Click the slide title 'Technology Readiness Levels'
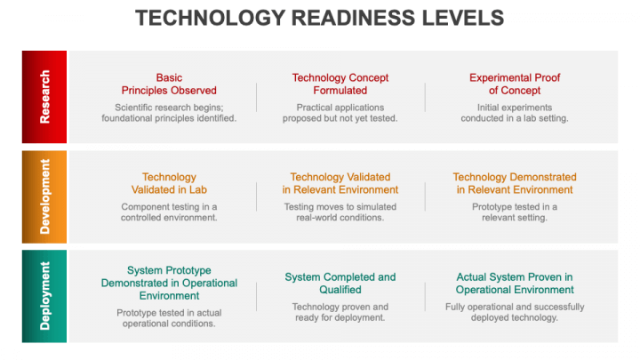[319, 18]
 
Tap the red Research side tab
[44, 96]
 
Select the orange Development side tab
[44, 196]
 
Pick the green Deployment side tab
[44, 296]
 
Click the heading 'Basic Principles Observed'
[169, 84]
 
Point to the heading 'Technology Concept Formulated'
[340, 84]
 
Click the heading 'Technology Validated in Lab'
[169, 183]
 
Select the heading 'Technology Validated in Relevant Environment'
[340, 183]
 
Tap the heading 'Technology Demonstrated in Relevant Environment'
[515, 183]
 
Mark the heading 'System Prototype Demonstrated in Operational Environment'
[169, 283]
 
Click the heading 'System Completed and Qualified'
[340, 283]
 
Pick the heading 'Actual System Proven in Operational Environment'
[515, 283]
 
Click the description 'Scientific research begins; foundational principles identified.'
[169, 112]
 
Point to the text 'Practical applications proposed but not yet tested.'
[340, 112]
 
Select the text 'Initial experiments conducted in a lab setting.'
[515, 112]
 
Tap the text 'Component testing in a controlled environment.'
[169, 212]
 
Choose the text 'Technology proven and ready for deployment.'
[340, 312]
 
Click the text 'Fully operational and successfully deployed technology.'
[515, 312]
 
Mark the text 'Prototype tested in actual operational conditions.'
[169, 318]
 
